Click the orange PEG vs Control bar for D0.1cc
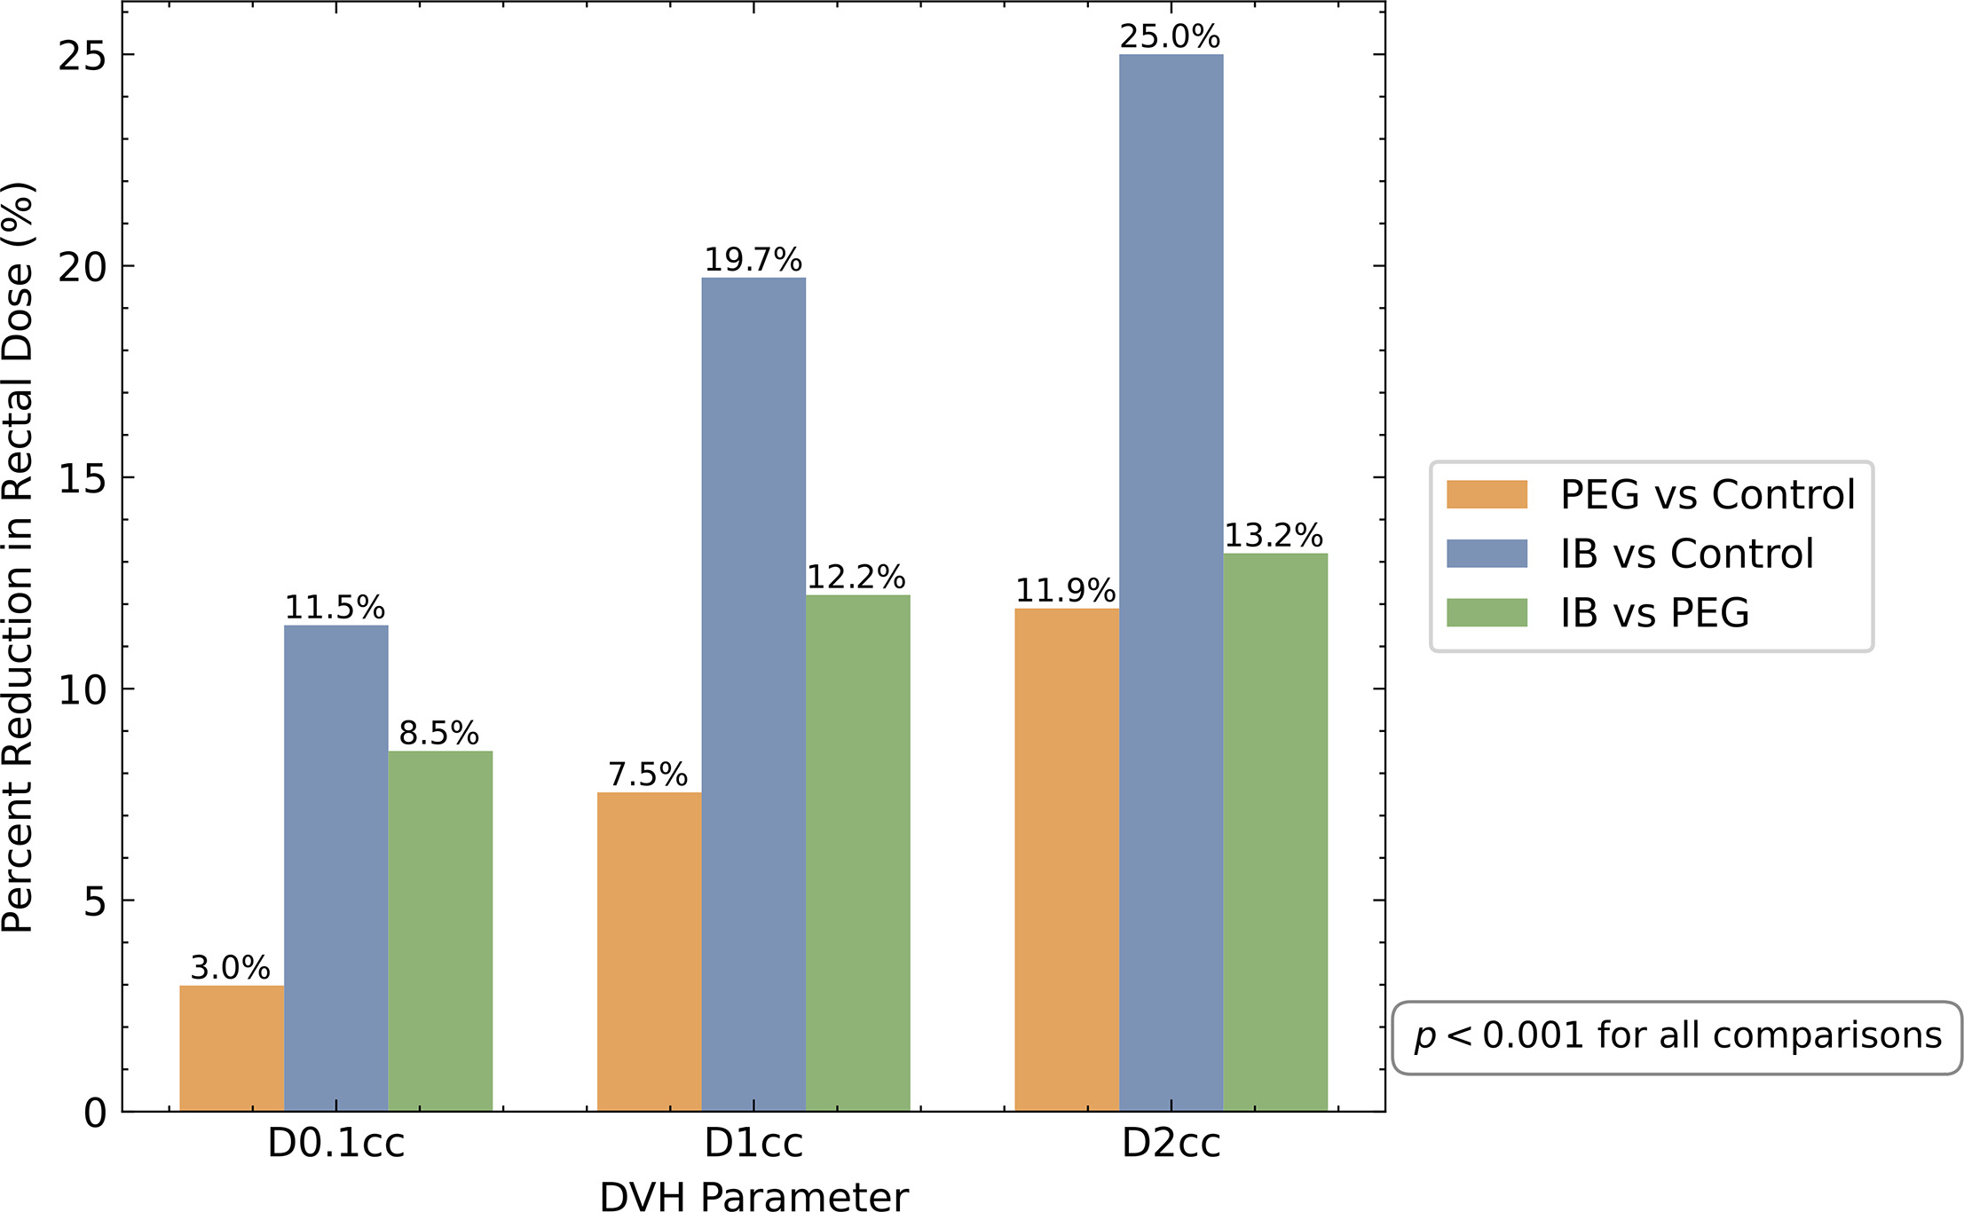[232, 1048]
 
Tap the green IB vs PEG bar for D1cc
[857, 853]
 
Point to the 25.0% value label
[1170, 36]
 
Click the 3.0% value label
[231, 967]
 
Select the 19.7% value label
[753, 260]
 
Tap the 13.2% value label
[1274, 535]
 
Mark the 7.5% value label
[648, 775]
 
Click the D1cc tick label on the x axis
[753, 1144]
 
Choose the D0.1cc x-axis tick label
[335, 1144]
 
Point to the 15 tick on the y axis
[82, 478]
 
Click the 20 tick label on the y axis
[82, 266]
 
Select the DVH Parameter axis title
[753, 1196]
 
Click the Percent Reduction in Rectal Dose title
[18, 556]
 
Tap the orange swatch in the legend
[1487, 494]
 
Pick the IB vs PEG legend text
[1654, 613]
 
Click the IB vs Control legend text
[1686, 554]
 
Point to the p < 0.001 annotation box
[1676, 1037]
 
